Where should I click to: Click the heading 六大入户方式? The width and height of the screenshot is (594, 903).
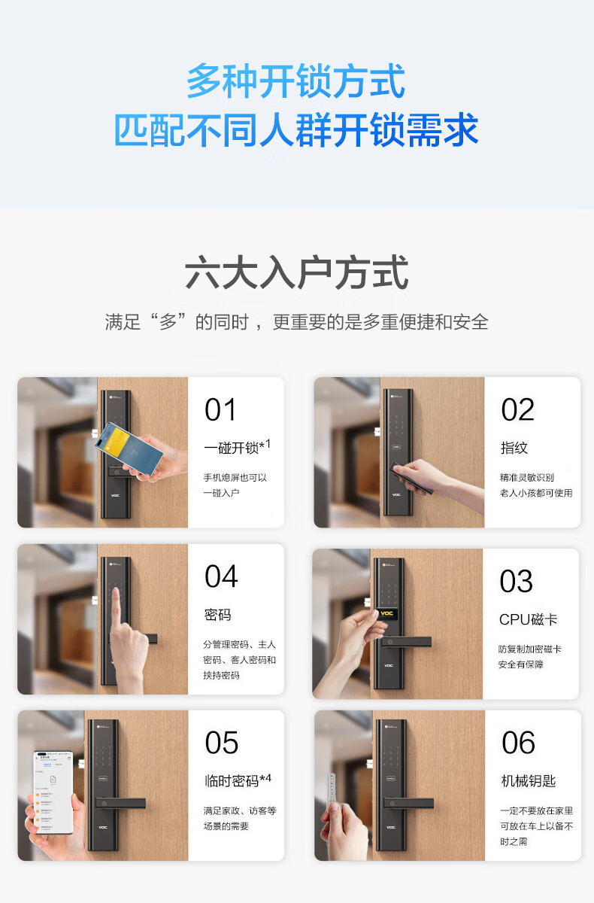point(296,273)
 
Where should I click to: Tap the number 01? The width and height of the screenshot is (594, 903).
point(220,410)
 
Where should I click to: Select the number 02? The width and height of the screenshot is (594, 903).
point(517,410)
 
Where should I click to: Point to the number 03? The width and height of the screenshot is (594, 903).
point(517,582)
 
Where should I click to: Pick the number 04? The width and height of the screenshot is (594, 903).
point(221,577)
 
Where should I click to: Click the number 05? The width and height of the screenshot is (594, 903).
point(222,743)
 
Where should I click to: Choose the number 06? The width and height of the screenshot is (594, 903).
point(518,743)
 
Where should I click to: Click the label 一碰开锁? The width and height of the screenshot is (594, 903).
point(232,448)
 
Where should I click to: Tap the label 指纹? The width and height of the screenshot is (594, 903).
point(514,448)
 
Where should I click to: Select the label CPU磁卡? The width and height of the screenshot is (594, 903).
point(528,620)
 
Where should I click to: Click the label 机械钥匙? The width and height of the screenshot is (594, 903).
point(528,781)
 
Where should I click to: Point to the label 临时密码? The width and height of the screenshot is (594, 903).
point(232,781)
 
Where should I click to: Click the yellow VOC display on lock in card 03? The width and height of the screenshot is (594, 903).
point(387,613)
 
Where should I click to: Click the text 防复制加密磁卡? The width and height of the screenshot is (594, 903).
point(529,649)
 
